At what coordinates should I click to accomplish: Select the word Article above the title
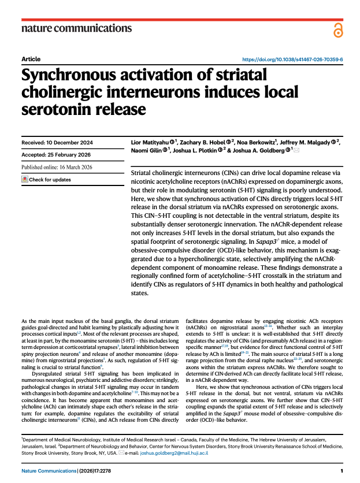point(30,60)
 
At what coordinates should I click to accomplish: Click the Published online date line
point(57,167)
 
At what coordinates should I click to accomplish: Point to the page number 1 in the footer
point(342,471)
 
